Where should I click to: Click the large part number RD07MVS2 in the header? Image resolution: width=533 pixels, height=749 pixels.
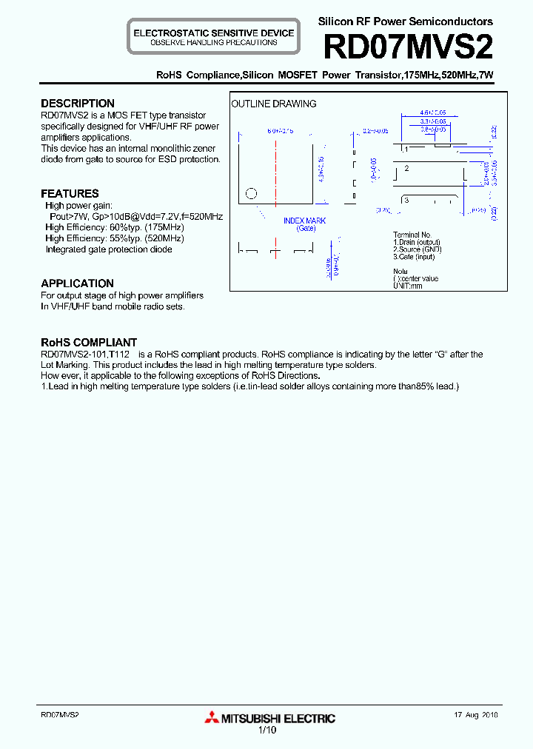(x=408, y=48)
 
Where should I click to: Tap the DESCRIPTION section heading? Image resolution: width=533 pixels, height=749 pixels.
(x=78, y=104)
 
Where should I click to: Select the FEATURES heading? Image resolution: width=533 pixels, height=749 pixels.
(x=70, y=194)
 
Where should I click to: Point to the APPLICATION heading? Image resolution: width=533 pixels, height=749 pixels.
(x=77, y=283)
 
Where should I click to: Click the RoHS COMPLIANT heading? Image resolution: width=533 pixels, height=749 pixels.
(x=89, y=343)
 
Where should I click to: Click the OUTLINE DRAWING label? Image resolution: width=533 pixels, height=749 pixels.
(x=274, y=104)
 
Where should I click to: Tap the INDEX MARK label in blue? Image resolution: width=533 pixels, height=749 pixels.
(x=304, y=221)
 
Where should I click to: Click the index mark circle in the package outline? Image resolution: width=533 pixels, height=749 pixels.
(x=251, y=194)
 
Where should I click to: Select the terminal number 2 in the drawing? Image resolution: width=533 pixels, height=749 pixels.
(x=406, y=169)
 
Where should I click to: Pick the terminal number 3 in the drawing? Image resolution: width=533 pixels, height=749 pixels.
(x=406, y=201)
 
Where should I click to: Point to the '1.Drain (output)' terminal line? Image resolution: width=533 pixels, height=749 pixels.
(x=417, y=242)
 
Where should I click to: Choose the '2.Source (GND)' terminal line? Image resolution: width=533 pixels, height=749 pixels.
(x=417, y=249)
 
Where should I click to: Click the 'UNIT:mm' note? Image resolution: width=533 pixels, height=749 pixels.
(x=408, y=286)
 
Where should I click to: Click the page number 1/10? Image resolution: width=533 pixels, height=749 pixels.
(x=266, y=730)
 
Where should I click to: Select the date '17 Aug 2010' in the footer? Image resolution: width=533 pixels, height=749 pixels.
(x=476, y=716)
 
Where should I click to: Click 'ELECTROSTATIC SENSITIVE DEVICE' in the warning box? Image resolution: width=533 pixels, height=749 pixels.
(x=213, y=33)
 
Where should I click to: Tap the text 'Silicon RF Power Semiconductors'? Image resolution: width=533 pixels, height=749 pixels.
(x=405, y=21)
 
